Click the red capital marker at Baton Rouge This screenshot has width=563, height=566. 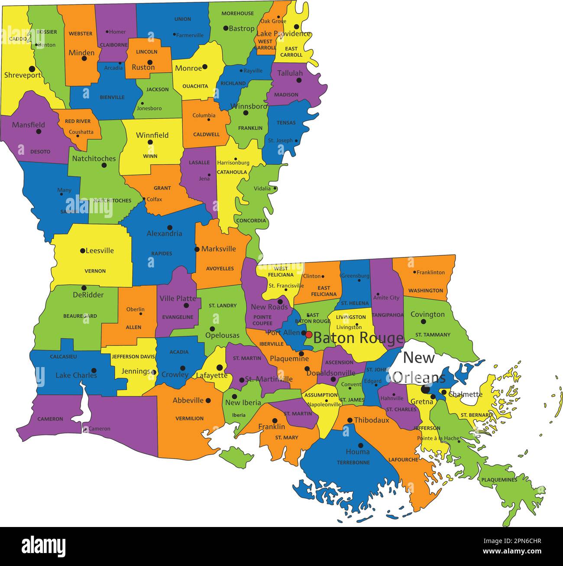tap(308, 335)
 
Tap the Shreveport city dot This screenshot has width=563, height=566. tap(32, 69)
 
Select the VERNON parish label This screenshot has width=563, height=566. tap(95, 271)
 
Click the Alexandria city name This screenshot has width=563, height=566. tap(164, 234)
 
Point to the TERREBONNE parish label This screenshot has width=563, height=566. tap(353, 462)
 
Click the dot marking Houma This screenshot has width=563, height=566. tap(360, 446)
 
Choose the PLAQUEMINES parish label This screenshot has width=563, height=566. tap(499, 480)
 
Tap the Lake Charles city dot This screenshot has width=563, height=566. tap(94, 371)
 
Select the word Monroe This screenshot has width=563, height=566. tap(188, 68)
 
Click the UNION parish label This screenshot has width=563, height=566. tap(182, 19)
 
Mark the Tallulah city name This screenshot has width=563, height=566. tap(290, 73)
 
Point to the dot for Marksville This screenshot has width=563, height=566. tap(197, 249)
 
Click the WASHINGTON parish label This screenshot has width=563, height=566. tap(426, 290)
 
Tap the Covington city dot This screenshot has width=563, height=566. tap(423, 322)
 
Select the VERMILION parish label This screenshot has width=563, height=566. tap(189, 418)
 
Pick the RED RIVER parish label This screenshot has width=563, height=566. tap(78, 121)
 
